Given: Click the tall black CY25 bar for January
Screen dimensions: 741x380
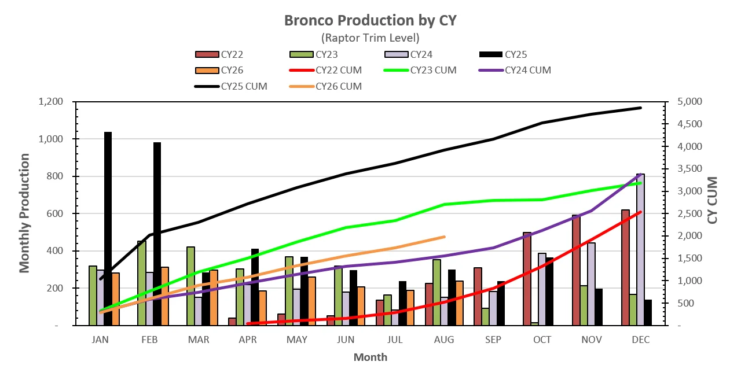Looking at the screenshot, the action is pos(108,228).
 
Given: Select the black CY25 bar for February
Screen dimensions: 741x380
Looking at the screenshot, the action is pos(157,234).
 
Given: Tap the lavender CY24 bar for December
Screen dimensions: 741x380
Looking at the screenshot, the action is pos(640,250).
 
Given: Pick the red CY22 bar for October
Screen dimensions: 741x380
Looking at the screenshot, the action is pos(527,279).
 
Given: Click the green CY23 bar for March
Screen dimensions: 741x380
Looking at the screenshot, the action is pos(190,286).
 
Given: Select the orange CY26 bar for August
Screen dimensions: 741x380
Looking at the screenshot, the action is pos(459,303).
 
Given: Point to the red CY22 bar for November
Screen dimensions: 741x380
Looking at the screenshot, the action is pos(576,270).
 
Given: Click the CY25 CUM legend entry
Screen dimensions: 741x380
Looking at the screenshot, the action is pos(231,87).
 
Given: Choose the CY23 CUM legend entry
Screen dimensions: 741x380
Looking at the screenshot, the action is pos(420,71).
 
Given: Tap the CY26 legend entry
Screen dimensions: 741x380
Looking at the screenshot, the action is pos(219,71).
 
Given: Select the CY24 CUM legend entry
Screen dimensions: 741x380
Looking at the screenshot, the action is pos(515,71).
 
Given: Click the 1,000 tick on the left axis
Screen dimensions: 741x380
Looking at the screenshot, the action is pos(50,139).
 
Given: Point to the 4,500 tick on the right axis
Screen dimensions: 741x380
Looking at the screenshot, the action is pos(689,124).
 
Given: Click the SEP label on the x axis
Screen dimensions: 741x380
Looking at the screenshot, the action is pos(493,340).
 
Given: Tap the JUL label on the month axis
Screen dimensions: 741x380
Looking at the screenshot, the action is pos(395,340).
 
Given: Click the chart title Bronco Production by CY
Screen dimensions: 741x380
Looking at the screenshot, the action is pos(370,20).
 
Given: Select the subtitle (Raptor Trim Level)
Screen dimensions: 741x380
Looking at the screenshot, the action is pos(370,38).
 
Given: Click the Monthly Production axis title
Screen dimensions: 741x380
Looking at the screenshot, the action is pos(24,213).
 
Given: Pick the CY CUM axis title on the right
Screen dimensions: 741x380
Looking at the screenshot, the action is pos(712,200).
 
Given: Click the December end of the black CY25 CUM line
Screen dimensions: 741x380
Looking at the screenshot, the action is pos(641,108).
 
